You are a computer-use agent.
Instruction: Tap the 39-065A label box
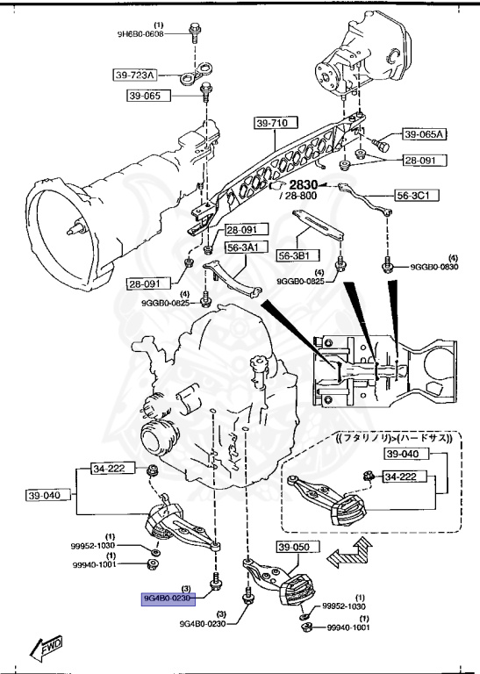(x=424, y=134)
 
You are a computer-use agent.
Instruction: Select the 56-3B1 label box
(x=299, y=255)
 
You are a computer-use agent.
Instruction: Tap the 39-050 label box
(x=294, y=548)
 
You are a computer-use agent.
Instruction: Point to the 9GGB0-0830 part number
(x=434, y=267)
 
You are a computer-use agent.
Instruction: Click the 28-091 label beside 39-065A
(x=424, y=161)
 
